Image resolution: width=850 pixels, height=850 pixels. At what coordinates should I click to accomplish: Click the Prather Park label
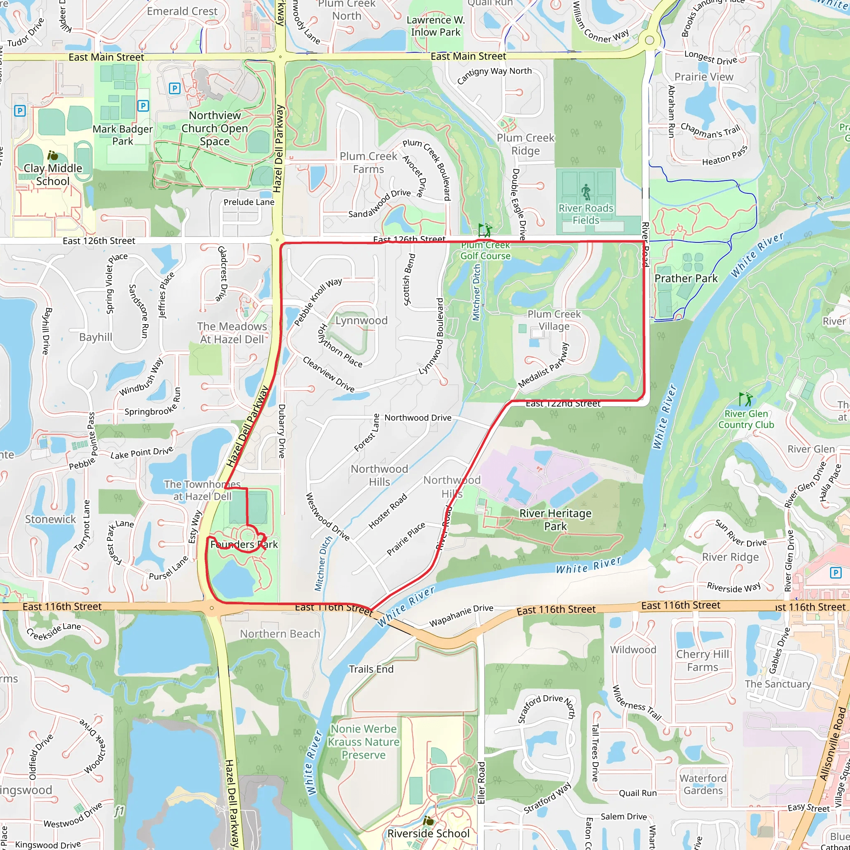[686, 278]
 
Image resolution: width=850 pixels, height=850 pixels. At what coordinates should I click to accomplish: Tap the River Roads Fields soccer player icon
[586, 192]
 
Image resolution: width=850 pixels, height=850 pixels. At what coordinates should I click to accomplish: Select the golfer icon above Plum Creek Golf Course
[484, 230]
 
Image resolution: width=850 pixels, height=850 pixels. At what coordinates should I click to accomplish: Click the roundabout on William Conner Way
[650, 41]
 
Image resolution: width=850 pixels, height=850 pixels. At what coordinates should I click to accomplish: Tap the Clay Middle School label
[53, 175]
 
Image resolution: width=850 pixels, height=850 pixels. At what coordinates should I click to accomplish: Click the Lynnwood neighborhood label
[361, 320]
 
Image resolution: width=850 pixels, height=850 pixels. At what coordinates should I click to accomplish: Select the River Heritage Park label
[555, 520]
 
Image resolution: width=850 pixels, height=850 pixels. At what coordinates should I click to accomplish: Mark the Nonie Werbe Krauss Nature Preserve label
[364, 742]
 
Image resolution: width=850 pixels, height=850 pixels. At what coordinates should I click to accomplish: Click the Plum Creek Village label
[554, 320]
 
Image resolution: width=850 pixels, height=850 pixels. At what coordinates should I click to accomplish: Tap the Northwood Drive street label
[418, 418]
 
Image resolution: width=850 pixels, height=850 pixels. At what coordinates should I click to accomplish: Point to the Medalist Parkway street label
[543, 365]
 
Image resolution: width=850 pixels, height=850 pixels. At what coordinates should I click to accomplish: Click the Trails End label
[371, 669]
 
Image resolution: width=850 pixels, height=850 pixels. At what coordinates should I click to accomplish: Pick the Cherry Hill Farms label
[702, 660]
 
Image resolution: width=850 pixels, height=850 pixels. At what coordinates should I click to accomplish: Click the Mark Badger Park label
[122, 135]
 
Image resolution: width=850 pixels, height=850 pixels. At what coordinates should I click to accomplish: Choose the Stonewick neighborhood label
[51, 519]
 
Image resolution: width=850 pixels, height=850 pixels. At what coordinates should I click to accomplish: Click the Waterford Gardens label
[703, 784]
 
